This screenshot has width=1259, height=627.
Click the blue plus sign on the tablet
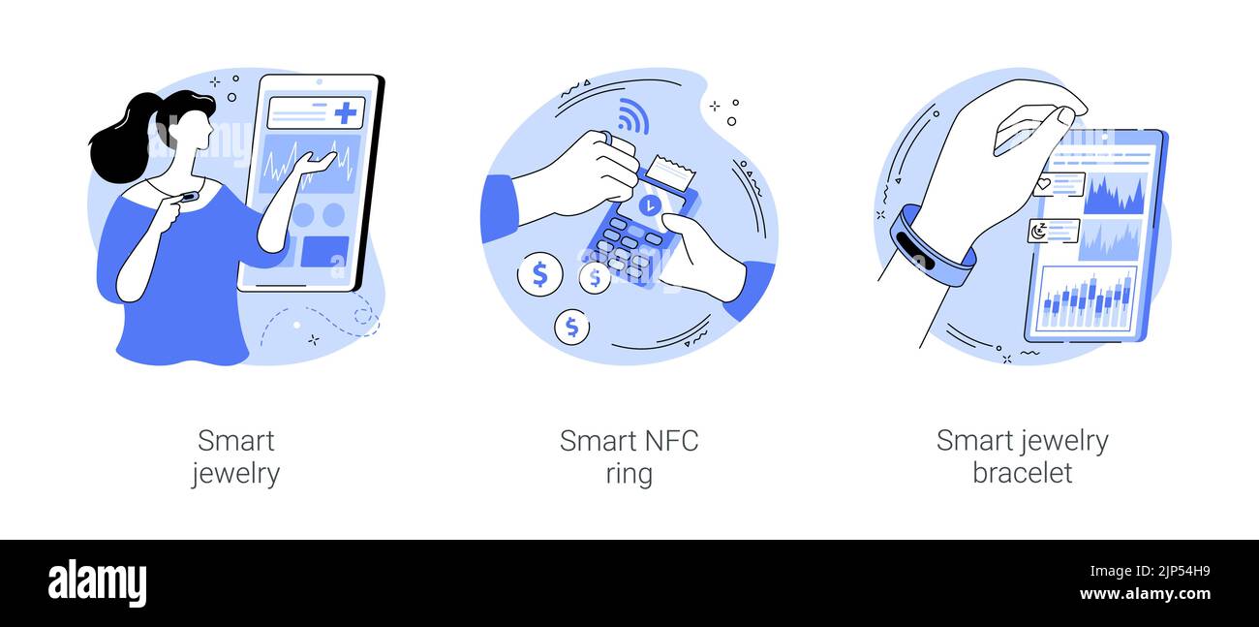(346, 112)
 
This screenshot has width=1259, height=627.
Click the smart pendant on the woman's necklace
(188, 197)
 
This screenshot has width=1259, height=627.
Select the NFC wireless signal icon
(632, 116)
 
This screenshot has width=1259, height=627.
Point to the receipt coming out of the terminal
(670, 172)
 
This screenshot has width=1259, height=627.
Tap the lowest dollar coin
(571, 327)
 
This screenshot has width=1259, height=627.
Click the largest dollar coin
(539, 274)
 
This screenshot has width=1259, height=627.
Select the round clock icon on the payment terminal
(650, 205)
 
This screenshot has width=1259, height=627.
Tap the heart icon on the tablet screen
(1044, 184)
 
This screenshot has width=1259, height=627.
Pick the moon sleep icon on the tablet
(1038, 231)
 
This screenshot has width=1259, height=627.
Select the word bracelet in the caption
(1023, 472)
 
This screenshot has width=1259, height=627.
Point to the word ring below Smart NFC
(629, 474)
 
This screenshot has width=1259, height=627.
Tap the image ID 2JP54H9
(1183, 572)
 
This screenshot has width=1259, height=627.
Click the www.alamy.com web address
(1145, 594)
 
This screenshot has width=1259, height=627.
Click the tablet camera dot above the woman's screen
(320, 82)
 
